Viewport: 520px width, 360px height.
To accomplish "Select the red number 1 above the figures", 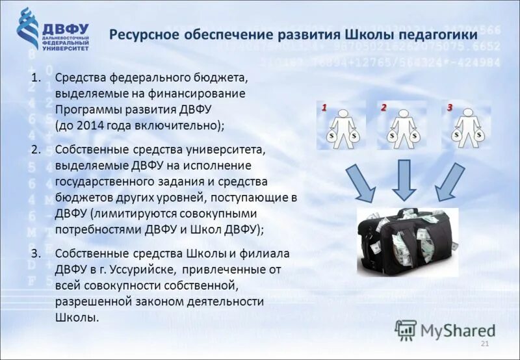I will click(323, 107).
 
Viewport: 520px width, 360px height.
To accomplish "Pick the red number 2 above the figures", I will click(383, 107).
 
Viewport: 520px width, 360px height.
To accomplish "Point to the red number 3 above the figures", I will click(448, 107).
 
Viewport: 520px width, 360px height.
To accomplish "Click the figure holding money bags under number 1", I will click(342, 127).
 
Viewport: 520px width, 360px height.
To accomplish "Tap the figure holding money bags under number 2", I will click(402, 127).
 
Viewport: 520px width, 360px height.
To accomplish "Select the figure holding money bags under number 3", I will click(467, 127).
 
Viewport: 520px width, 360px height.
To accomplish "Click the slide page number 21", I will click(484, 343).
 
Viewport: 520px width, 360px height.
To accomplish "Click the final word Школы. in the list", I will click(77, 318).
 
